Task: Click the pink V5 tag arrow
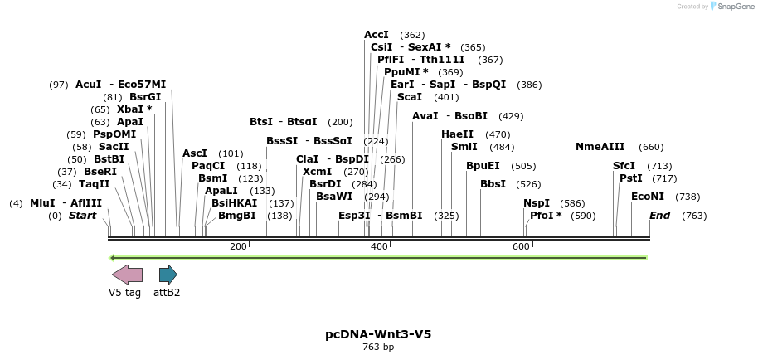coord(127,275)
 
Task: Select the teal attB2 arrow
coord(168,275)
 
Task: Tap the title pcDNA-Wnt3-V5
coord(378,335)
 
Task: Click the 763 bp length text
coord(378,348)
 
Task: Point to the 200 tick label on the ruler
coord(238,246)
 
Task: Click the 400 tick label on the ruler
coord(379,246)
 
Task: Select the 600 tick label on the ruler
coord(521,246)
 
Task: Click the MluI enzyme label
coord(42,203)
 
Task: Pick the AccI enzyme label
coord(377,35)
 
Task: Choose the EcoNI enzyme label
coord(648,197)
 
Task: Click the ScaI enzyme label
coord(410,97)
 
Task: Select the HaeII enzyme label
coord(457,134)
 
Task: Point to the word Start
coord(82,216)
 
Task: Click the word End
coord(660,216)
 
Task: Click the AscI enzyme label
coord(195,153)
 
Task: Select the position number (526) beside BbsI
coord(527,184)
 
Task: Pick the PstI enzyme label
coord(631,178)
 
